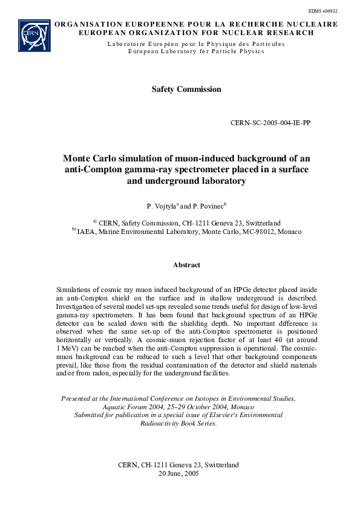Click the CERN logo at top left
[x=34, y=35]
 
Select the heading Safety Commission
[x=186, y=89]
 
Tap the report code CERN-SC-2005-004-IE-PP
[x=271, y=123]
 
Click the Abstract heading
[x=186, y=265]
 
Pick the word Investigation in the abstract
[x=76, y=307]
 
